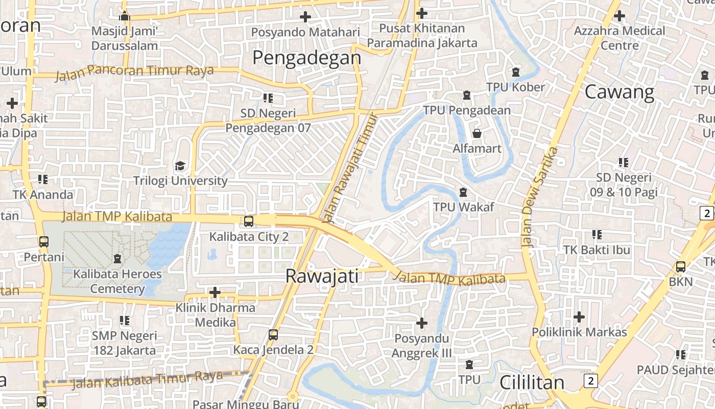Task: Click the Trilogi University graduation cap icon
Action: (180, 166)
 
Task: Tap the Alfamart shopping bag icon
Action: (477, 133)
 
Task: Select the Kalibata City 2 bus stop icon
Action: (249, 221)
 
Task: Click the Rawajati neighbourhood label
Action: (322, 276)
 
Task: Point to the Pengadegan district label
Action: (306, 57)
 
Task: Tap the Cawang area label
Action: (619, 92)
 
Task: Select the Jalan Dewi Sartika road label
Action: (540, 197)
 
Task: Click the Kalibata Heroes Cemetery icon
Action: (117, 259)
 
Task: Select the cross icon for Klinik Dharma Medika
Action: (215, 292)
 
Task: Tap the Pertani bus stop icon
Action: (44, 241)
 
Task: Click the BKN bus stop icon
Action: (680, 266)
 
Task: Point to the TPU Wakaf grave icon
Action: (463, 192)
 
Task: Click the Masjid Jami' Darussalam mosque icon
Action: (125, 16)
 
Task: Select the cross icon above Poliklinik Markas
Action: (579, 317)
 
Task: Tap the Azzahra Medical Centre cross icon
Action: (619, 15)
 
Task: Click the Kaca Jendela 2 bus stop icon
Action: (273, 335)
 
